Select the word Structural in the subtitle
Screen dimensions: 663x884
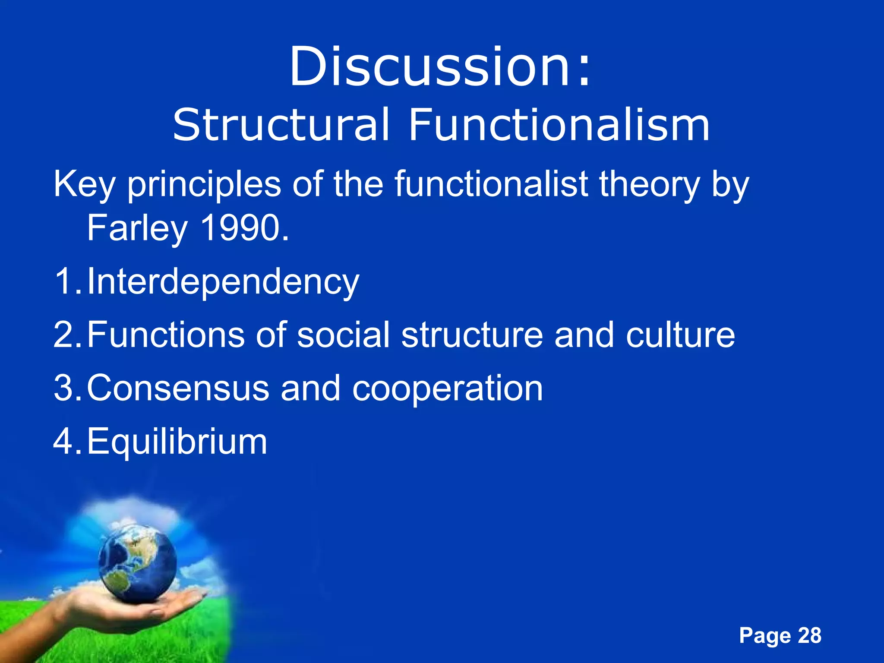(281, 125)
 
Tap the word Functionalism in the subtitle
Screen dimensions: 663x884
(559, 125)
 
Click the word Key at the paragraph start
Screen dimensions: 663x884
(84, 185)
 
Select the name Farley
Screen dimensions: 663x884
(137, 229)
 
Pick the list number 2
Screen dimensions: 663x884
(65, 335)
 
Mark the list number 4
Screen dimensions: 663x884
(65, 442)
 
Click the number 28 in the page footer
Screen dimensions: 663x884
(809, 635)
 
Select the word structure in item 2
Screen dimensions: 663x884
(472, 335)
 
